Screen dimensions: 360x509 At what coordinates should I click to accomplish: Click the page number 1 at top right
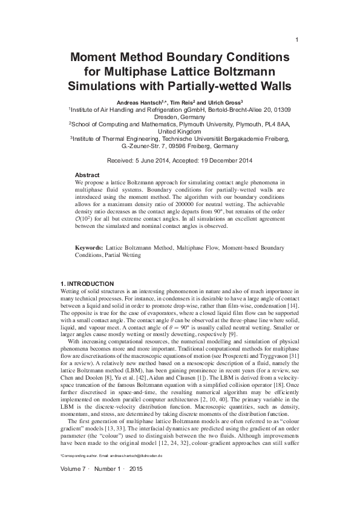point(296,40)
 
